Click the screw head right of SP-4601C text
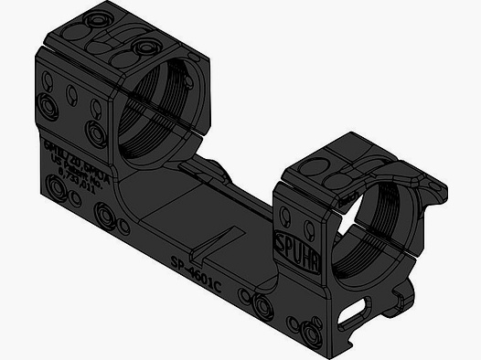pyautogui.click(x=244, y=295)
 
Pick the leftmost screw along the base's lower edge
pyautogui.click(x=61, y=188)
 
